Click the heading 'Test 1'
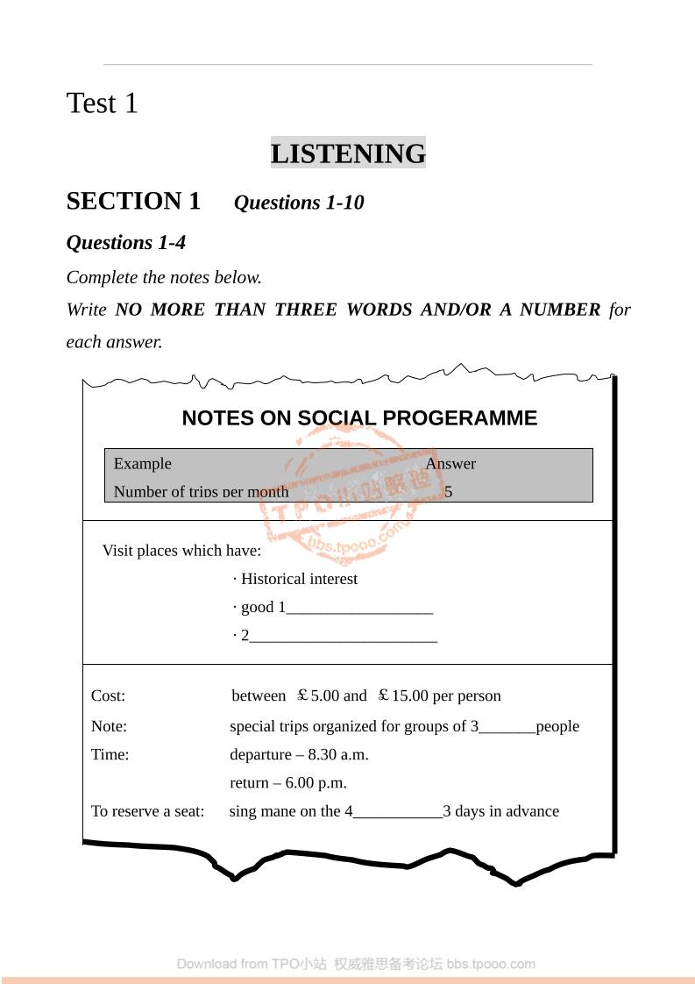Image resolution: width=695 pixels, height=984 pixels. pos(103,103)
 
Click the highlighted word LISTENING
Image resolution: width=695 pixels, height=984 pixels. pos(348,153)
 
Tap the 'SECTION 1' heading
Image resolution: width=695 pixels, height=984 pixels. pos(133,202)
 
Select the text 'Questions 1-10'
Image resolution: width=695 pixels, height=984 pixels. pos(298,203)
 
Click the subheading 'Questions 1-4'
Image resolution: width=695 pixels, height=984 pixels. pos(126,242)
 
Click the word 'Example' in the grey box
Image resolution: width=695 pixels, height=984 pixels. pos(143,464)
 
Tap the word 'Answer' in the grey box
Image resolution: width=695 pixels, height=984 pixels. pos(450,464)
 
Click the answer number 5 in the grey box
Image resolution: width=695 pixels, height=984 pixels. pos(449,492)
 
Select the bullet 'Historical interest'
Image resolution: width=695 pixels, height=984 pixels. pos(299,579)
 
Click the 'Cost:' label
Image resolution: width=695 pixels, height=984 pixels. pos(109,696)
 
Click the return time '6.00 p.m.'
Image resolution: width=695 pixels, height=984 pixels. pos(316,783)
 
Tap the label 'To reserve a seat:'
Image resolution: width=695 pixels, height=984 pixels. pos(147,811)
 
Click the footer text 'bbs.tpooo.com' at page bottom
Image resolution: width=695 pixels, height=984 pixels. pos(491,964)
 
